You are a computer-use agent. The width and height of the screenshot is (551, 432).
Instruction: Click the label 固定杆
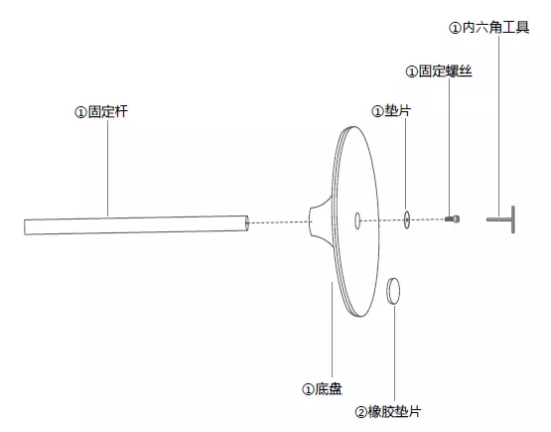coord(108,112)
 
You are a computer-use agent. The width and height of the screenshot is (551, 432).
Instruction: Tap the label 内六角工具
coord(495,27)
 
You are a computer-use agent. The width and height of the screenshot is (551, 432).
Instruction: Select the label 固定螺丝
coord(445,71)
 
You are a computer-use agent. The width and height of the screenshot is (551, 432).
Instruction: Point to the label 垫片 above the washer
coord(398,110)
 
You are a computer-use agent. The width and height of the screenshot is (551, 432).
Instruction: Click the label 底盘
coord(329,388)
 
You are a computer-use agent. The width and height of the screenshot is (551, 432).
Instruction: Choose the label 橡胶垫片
coord(394,411)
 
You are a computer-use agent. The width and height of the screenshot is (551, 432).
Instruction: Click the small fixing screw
coord(453,219)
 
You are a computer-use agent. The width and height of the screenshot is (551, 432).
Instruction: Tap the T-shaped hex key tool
coord(501,219)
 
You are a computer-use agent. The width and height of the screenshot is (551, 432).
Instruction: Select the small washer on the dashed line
coord(407,219)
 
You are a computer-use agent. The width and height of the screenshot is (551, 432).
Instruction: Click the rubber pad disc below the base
coord(393,291)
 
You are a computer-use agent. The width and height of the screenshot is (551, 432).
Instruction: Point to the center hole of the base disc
coord(357,220)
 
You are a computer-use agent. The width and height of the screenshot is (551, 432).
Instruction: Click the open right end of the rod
coord(247,222)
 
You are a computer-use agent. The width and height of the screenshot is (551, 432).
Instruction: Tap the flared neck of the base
coord(321,221)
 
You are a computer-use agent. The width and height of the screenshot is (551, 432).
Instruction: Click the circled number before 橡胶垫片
coord(361,412)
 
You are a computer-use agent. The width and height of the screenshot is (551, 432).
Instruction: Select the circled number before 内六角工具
coord(455,28)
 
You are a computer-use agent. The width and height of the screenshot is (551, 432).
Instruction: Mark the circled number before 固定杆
coord(80,112)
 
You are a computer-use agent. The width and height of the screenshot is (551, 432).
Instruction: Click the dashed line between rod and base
coord(279,222)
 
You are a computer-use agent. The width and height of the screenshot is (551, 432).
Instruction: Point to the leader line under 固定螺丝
coord(449,147)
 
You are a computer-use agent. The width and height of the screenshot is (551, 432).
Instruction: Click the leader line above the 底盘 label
coord(332,330)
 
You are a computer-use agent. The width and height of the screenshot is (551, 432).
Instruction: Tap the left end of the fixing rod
coord(25,227)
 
